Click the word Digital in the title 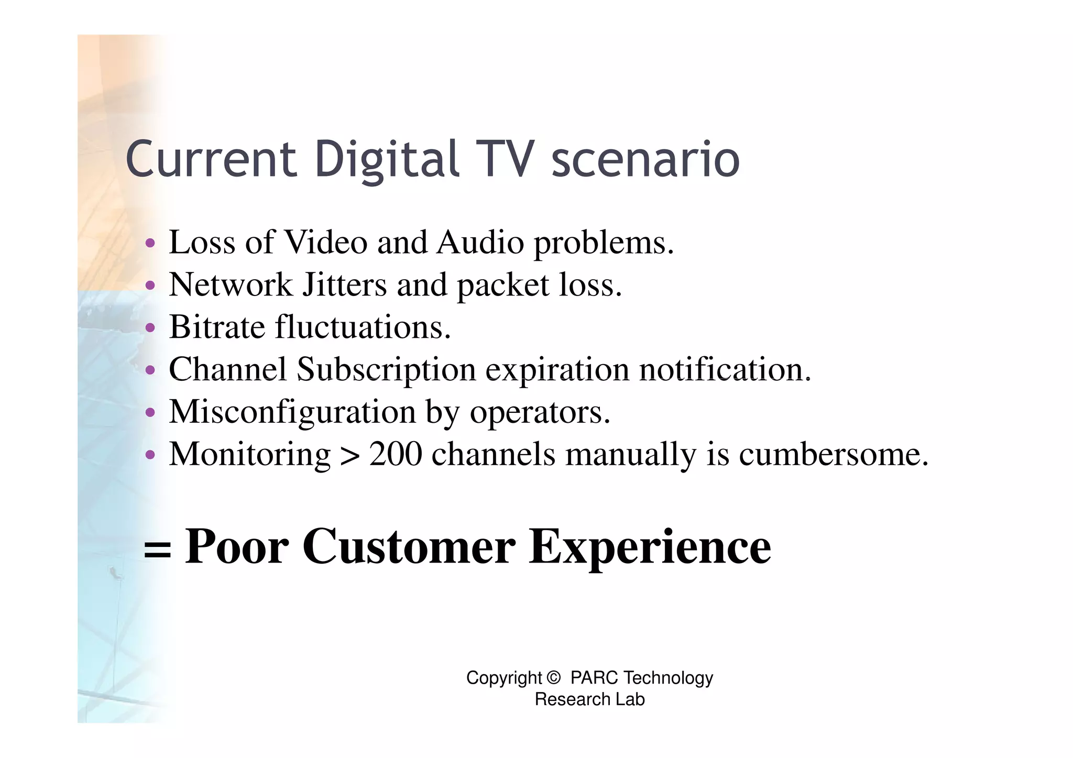coord(387,159)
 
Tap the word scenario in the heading coord(645,159)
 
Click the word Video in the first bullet coord(325,243)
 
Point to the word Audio coord(480,243)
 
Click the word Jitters coord(345,285)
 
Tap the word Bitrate coord(217,327)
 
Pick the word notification coord(725,369)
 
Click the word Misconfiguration coord(292,412)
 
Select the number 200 coord(396,454)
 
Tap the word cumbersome coord(833,454)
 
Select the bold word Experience coord(650,547)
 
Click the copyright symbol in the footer coord(553,678)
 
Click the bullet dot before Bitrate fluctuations coord(150,328)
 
